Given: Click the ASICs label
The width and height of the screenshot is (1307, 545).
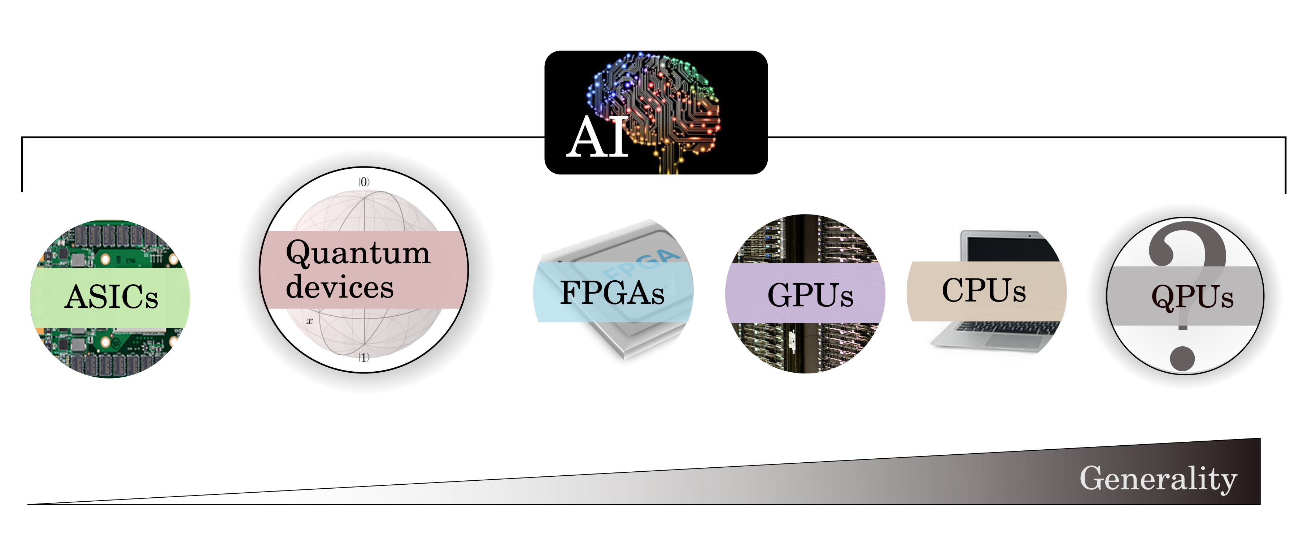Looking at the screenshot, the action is coord(112,297).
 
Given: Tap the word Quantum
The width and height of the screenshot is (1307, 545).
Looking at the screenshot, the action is coord(358,253).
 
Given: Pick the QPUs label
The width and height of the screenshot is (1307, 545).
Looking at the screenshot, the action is coord(1192,297).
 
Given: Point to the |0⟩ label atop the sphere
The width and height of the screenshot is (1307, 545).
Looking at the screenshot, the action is coord(364,182).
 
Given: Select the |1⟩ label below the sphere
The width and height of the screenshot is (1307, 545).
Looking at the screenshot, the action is coord(364,357).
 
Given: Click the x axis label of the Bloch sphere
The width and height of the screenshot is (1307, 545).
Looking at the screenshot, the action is coord(309,321).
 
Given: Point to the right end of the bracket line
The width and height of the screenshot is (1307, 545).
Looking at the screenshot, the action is coord(1285,193).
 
